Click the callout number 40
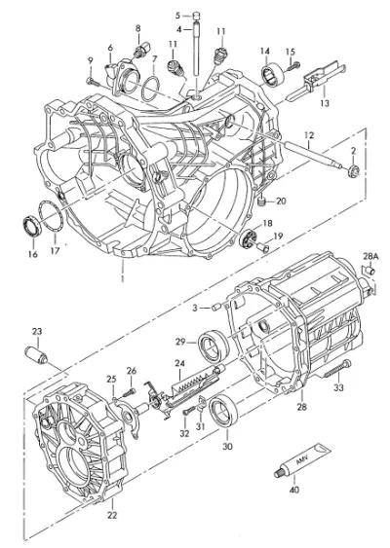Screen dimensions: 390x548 [x=294, y=490]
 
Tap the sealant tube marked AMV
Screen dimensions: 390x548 [x=302, y=459]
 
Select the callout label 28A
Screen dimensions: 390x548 [x=370, y=257]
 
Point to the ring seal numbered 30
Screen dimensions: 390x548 [x=223, y=410]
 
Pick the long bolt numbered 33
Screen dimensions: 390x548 [x=337, y=370]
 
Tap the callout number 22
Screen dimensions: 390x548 [x=112, y=515]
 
